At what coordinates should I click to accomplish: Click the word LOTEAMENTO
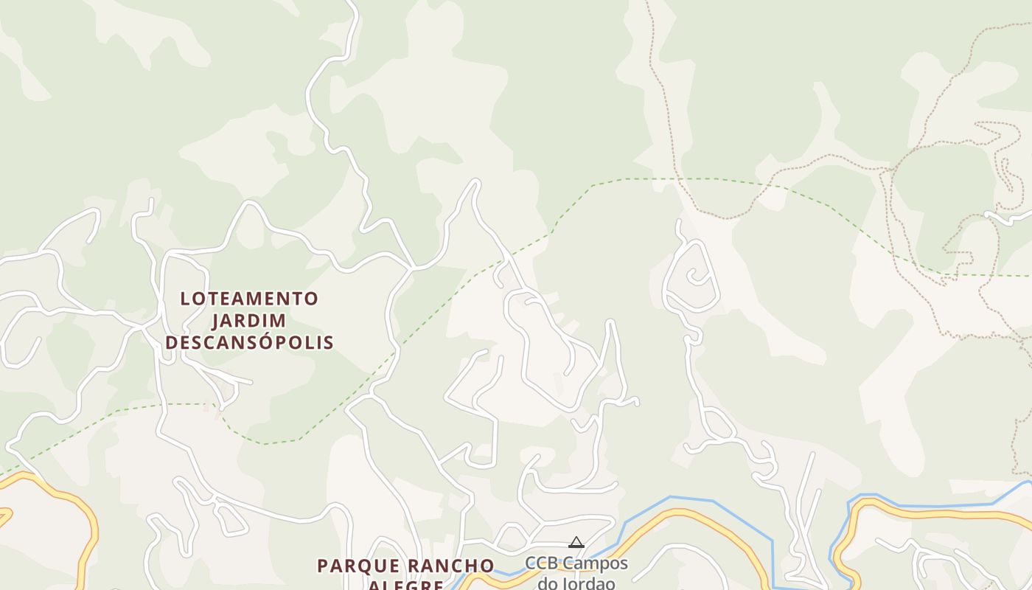250,299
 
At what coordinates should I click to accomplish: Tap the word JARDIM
250,321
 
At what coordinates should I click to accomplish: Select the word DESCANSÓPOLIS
250,343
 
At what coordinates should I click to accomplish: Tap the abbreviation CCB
540,563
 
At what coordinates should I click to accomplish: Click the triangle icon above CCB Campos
576,543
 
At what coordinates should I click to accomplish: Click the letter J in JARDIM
217,321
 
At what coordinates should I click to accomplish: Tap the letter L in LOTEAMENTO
185,299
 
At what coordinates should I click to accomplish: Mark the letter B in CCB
551,563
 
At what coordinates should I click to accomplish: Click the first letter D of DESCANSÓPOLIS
171,343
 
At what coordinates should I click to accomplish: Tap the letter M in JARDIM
279,321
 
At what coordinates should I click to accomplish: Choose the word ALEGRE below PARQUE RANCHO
405,586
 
